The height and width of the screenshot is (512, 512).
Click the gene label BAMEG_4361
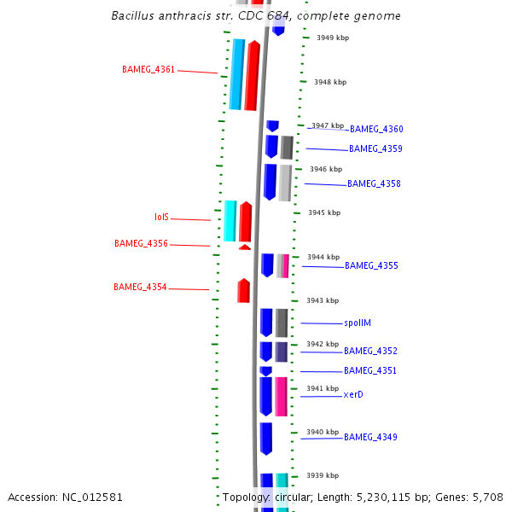148,70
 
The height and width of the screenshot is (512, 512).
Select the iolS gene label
161,218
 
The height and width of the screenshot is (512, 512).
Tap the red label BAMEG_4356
141,244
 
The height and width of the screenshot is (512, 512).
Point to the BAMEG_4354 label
140,288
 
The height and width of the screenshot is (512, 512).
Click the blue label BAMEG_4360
376,130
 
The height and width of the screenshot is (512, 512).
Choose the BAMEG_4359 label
375,149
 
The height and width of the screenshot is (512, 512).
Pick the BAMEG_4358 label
374,184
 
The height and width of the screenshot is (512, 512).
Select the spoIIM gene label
358,323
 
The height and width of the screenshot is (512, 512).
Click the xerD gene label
353,395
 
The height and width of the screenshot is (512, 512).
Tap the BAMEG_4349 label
370,438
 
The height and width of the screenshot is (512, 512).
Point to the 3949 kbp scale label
333,38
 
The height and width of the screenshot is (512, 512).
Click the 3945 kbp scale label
324,213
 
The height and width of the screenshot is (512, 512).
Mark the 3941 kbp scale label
323,389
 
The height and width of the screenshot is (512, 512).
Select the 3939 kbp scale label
323,476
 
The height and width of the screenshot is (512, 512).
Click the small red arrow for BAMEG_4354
243,291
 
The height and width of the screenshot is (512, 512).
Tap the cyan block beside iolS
230,221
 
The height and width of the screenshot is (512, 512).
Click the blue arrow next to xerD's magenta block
265,397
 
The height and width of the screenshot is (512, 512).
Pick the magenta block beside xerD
281,397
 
